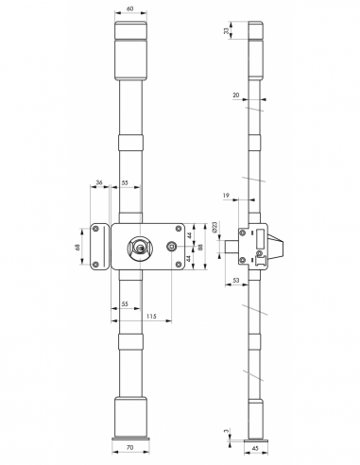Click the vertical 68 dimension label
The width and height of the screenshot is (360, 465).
coord(78,247)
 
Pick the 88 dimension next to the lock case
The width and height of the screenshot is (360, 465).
coord(200,247)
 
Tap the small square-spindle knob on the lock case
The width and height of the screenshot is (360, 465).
coord(172,247)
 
